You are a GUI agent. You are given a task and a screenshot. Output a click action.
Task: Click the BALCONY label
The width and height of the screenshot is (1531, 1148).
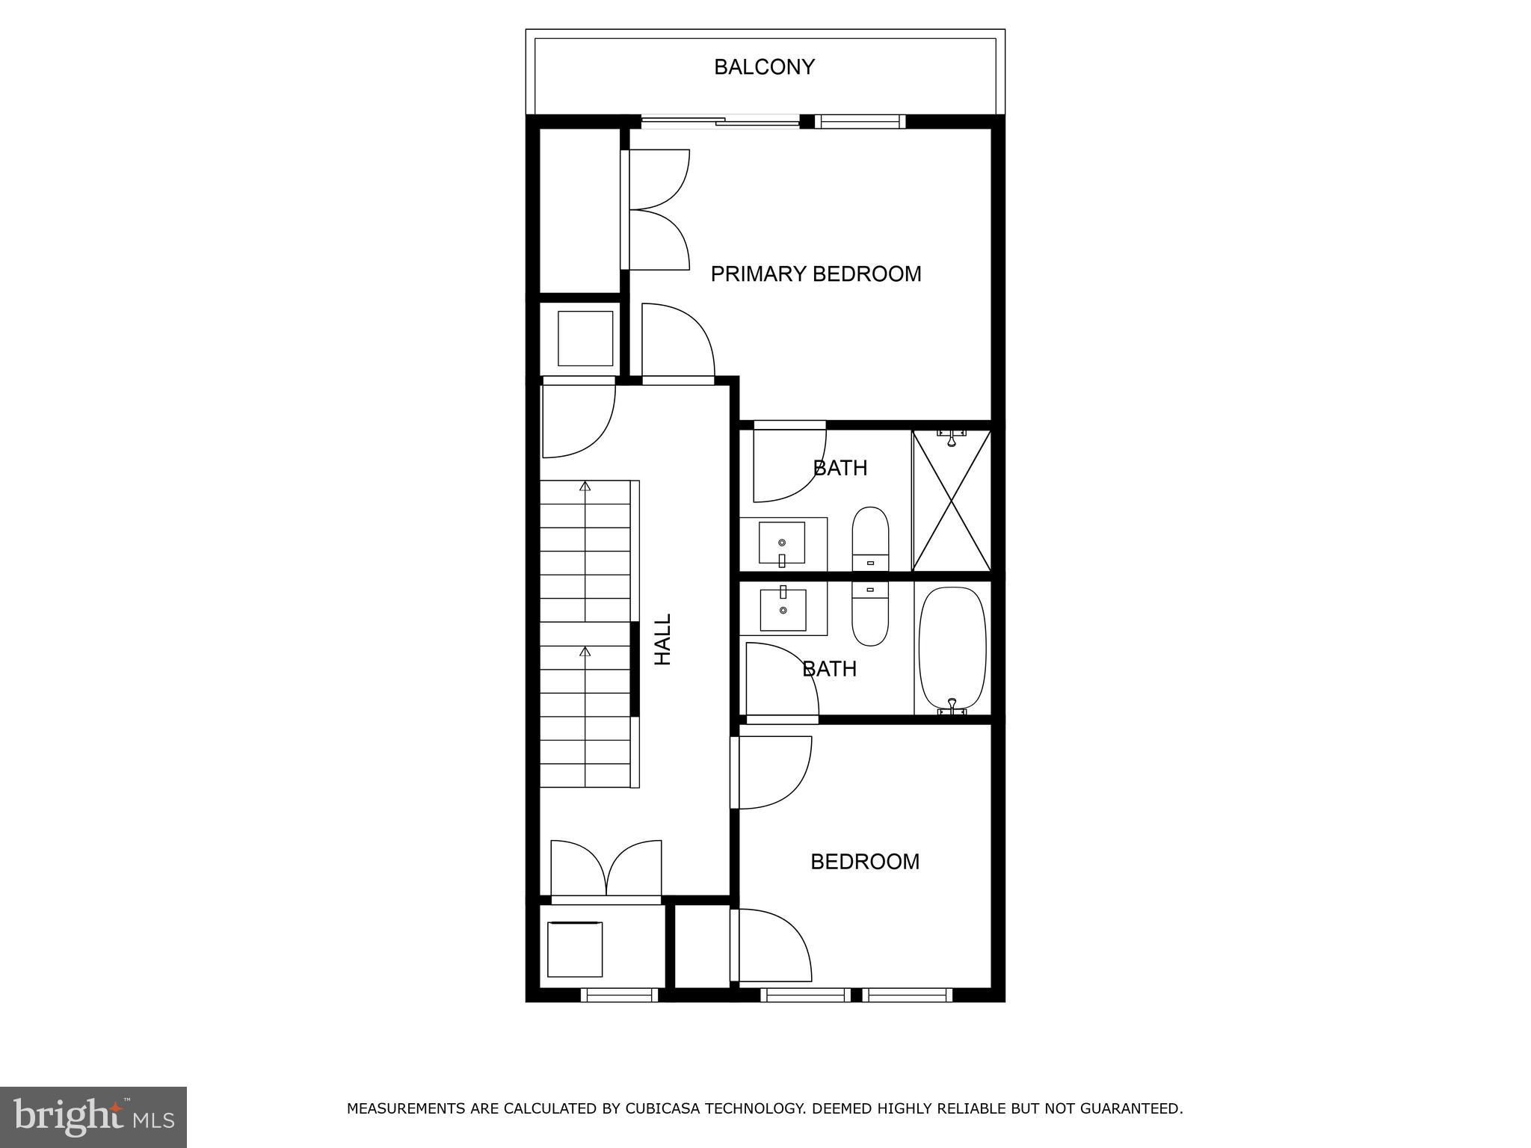coord(764,67)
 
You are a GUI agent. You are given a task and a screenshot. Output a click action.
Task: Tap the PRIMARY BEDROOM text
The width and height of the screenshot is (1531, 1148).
coord(816,274)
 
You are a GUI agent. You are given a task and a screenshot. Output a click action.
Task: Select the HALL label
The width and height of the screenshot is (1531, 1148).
coord(663,640)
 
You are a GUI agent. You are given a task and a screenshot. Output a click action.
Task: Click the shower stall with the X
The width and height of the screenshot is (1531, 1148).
coord(952,500)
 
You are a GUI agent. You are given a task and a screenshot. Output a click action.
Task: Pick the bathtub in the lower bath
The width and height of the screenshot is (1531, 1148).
coord(952,648)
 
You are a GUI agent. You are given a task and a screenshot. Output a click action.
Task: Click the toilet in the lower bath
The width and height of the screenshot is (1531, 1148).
coord(870,614)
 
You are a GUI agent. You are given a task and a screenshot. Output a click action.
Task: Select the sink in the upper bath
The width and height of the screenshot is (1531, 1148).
coord(782,543)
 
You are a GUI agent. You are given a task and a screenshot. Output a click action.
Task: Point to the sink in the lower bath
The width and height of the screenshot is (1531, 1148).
coord(783,609)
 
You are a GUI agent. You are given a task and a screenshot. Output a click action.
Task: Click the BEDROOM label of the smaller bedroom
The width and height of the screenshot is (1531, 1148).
coord(865,862)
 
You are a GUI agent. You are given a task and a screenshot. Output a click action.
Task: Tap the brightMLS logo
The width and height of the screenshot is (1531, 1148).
coord(93,1117)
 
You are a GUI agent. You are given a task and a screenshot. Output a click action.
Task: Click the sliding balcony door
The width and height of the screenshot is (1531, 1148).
coord(721,121)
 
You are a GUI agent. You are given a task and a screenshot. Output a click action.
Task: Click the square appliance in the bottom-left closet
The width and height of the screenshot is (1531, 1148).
coord(575,949)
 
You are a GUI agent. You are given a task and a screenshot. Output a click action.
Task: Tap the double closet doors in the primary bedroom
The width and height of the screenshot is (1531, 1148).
coord(656,209)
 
